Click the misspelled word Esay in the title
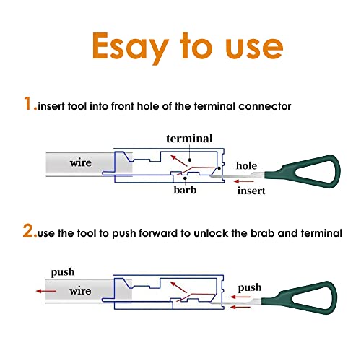click(130, 47)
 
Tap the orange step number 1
click(27, 103)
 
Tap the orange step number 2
click(29, 230)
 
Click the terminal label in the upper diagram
click(189, 139)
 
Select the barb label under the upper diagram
click(185, 190)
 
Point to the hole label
click(246, 165)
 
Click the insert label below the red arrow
click(251, 191)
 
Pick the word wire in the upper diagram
click(81, 163)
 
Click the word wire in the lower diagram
click(80, 291)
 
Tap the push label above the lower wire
click(63, 273)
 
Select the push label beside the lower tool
click(250, 288)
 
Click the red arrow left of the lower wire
click(46, 291)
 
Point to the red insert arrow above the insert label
click(244, 181)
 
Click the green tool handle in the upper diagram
click(303, 171)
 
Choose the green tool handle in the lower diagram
click(299, 297)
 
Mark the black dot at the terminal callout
click(190, 160)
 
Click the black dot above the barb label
click(185, 178)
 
